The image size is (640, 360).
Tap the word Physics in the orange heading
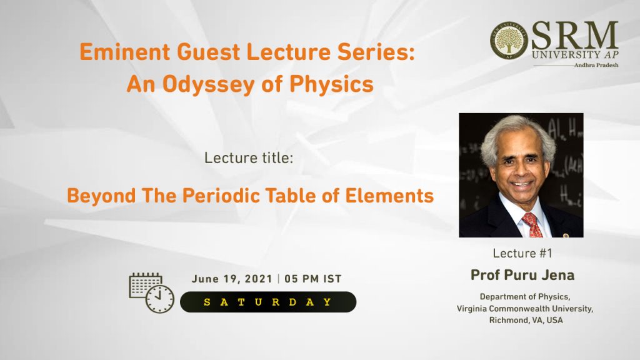pos(331,85)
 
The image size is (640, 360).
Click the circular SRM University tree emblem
pos(509,41)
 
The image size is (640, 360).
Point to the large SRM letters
pos(575,36)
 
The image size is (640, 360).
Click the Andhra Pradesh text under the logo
pos(596,65)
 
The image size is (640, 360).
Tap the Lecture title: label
pos(249,158)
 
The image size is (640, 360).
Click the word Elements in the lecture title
pos(389,196)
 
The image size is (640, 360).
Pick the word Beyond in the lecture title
pos(101,196)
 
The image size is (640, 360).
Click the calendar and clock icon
pos(151,292)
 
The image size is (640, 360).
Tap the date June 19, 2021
pos(232,279)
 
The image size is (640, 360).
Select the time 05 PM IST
pos(313,279)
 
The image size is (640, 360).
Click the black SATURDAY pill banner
pos(268,302)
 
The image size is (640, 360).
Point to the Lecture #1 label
pos(522,254)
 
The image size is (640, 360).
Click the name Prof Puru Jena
pos(522,275)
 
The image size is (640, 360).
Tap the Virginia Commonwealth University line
pos(525,309)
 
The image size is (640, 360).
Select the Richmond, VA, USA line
pos(526,320)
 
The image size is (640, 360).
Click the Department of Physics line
pos(525,297)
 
